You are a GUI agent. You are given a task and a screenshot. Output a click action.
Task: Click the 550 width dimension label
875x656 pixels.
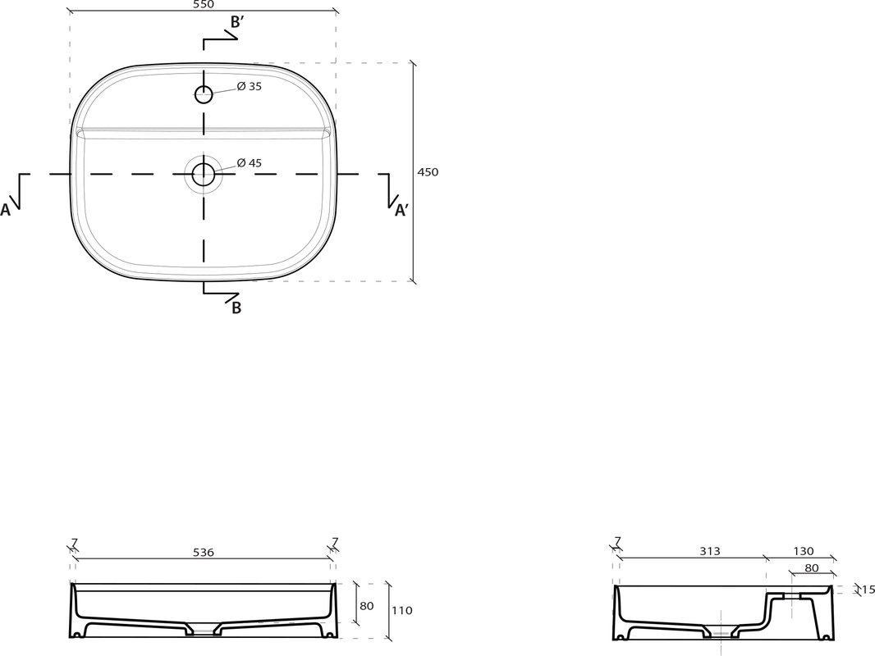[203, 4]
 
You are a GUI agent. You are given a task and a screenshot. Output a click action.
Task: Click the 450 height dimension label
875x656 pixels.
[428, 172]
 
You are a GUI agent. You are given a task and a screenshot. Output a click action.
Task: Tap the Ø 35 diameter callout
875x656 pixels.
[249, 86]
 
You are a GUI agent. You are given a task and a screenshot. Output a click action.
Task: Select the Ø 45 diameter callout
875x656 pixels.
[249, 162]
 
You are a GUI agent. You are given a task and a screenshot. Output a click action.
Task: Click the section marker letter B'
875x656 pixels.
[236, 22]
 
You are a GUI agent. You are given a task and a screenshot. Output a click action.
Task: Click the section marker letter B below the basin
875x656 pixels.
[236, 307]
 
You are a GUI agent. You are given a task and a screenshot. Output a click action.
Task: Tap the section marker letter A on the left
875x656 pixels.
[5, 210]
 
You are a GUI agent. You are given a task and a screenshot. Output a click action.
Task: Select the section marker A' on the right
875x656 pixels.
[401, 210]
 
